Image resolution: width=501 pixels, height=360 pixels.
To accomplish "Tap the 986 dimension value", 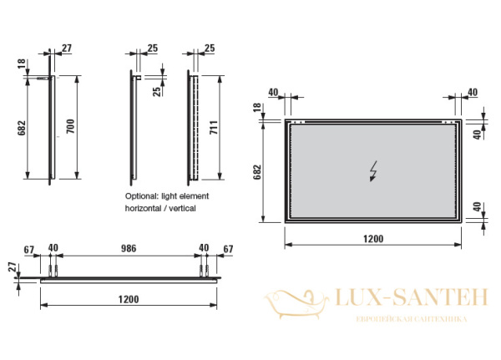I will (129, 248).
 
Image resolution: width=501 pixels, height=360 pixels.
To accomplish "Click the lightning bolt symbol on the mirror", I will (372, 171).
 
